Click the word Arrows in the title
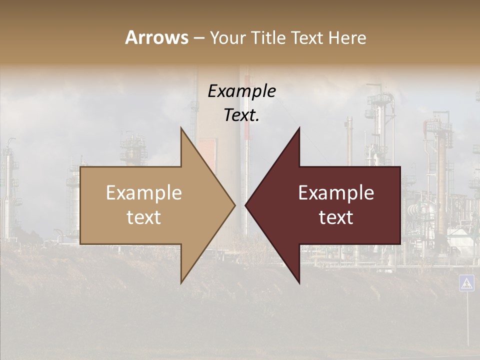click(x=156, y=37)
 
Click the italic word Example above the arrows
click(x=241, y=91)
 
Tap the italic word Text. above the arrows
click(x=241, y=115)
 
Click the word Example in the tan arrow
click(x=144, y=193)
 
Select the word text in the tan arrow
click(x=144, y=217)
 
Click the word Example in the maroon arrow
click(x=336, y=193)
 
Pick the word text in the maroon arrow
click(x=336, y=217)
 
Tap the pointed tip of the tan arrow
click(x=234, y=205)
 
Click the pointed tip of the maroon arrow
click(x=246, y=205)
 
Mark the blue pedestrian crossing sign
click(x=466, y=283)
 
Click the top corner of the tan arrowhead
click(x=181, y=128)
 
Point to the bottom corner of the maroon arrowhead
click(x=299, y=283)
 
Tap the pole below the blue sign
click(x=467, y=320)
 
